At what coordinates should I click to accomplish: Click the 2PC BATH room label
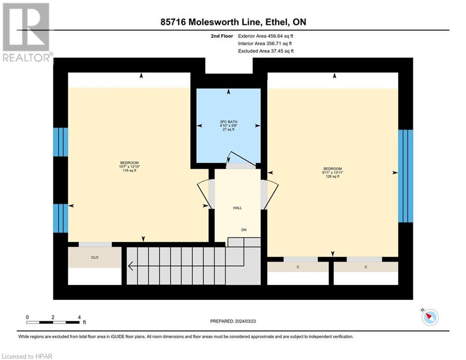[x=229, y=122]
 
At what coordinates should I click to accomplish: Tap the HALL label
[x=237, y=208]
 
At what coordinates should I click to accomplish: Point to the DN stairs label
[x=244, y=230]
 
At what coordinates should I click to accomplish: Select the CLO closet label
[x=95, y=257]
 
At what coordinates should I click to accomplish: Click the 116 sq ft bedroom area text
[x=130, y=171]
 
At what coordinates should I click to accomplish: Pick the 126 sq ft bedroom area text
[x=333, y=176]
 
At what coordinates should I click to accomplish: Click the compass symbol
[x=430, y=317]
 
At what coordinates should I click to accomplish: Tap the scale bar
[x=53, y=322]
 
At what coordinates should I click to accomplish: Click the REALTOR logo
[x=27, y=32]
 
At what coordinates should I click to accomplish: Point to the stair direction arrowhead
[x=130, y=266]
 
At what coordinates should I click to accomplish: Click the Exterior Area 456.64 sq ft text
[x=266, y=36]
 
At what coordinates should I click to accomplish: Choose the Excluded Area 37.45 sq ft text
[x=266, y=51]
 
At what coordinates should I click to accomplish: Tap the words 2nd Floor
[x=222, y=36]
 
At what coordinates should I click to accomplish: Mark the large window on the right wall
[x=406, y=176]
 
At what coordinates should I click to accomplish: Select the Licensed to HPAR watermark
[x=27, y=356]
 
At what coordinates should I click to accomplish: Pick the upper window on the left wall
[x=60, y=142]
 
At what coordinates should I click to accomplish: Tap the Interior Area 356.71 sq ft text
[x=265, y=44]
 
